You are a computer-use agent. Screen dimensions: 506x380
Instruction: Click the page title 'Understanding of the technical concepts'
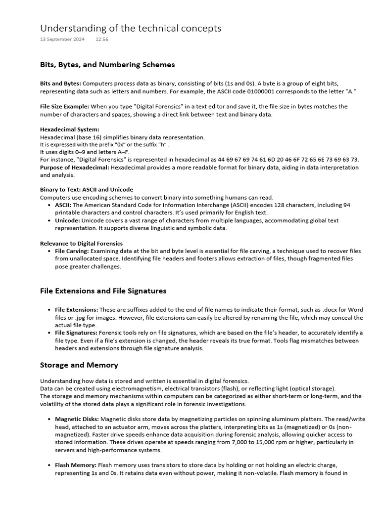click(x=131, y=28)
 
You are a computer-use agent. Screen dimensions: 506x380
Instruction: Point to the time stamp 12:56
click(x=102, y=40)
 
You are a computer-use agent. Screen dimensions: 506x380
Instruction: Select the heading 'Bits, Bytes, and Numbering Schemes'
click(x=107, y=65)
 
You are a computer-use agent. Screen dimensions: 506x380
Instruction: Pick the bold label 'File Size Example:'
click(x=64, y=106)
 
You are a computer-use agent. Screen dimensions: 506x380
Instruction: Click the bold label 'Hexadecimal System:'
click(x=70, y=129)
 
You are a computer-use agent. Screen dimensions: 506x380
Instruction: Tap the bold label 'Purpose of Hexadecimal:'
click(x=75, y=168)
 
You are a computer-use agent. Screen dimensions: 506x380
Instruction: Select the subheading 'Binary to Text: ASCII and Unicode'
click(x=86, y=190)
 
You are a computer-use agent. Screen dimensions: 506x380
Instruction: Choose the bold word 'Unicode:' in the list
click(x=67, y=220)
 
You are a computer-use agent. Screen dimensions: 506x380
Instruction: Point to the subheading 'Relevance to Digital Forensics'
click(x=81, y=244)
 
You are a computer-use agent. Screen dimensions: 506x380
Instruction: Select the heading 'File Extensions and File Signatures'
click(x=103, y=291)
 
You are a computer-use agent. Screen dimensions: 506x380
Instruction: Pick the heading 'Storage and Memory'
click(x=79, y=365)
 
